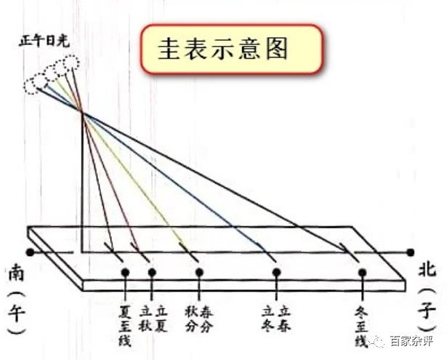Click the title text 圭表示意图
click(222, 49)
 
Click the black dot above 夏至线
click(125, 273)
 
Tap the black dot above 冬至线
click(362, 273)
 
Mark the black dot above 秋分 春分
click(201, 273)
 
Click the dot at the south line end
click(30, 253)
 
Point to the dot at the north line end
click(412, 253)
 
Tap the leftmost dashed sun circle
click(31, 86)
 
